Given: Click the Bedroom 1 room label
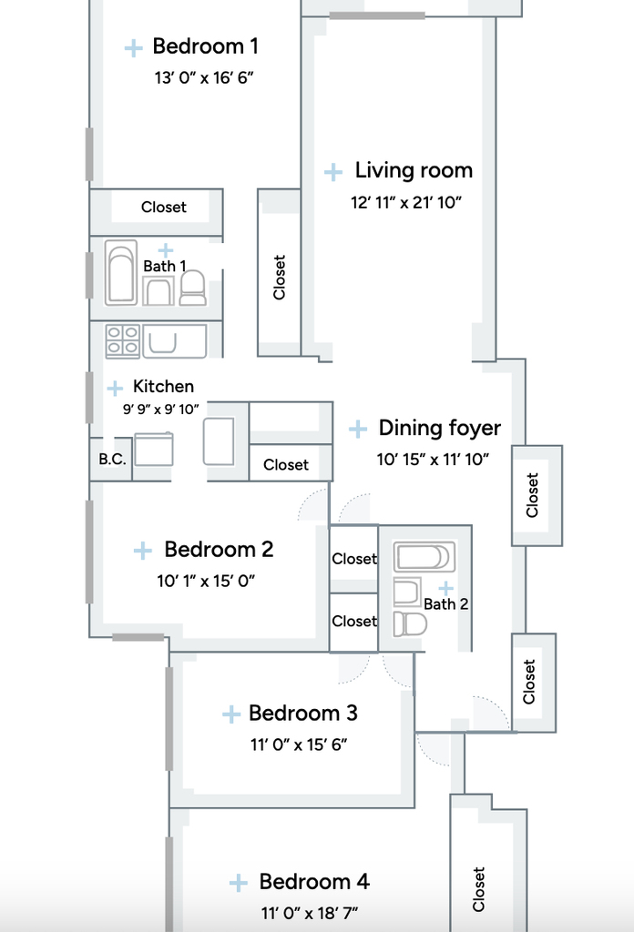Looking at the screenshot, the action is [205, 46].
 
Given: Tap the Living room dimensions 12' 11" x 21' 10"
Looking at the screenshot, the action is [406, 203].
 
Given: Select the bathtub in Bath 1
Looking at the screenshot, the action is [121, 272].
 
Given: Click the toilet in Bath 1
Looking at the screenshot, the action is [193, 288].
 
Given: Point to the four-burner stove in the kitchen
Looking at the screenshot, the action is [122, 340].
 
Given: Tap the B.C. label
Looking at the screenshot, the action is [112, 459].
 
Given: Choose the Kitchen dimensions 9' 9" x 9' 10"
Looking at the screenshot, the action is [160, 409].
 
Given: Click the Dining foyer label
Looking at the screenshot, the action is [439, 428].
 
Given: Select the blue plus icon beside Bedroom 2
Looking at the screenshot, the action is [143, 551].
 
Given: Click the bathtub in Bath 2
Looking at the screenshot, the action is [424, 558].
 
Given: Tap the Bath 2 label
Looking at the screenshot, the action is [446, 604].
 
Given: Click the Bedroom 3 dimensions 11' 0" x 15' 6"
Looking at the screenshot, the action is [299, 745].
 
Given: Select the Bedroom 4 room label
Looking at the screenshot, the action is [314, 881].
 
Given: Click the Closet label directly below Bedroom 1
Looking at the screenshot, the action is [164, 207].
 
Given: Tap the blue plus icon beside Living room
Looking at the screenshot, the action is [333, 172].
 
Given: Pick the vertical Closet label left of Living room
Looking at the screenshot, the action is [279, 278].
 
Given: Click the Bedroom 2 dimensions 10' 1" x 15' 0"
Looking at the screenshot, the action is [207, 581].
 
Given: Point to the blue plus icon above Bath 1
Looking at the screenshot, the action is [166, 250].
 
